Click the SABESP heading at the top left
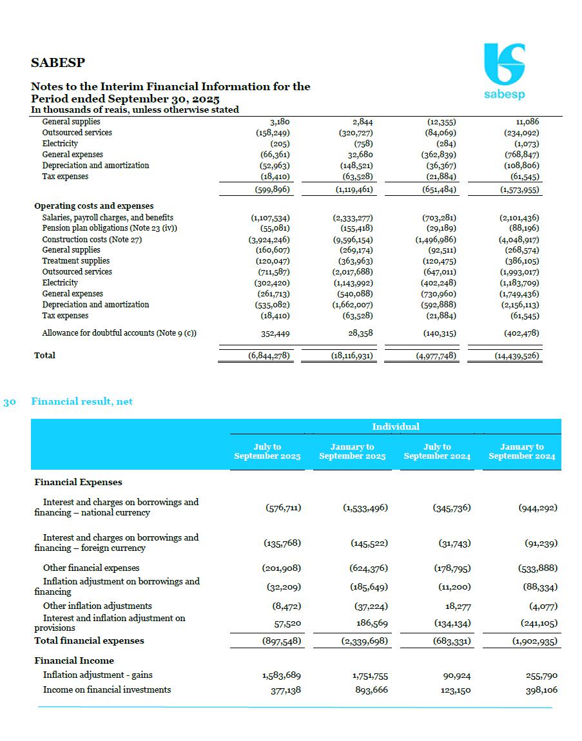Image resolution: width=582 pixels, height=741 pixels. tap(58, 63)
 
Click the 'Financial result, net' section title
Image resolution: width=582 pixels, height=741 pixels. tap(82, 401)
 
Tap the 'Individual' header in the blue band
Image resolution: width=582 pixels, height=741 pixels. tap(395, 427)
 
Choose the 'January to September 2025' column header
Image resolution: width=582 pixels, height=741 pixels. tap(352, 452)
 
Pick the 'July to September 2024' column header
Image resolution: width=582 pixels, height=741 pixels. tap(437, 452)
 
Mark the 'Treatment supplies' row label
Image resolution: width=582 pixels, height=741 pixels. tap(75, 261)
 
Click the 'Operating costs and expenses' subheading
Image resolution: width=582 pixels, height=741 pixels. tap(93, 206)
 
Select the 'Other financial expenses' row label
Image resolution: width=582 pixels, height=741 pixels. tap(91, 568)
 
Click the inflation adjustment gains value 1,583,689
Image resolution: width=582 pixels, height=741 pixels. tap(282, 675)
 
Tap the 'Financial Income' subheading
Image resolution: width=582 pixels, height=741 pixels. tap(74, 660)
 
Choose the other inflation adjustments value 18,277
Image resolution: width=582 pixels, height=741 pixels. tap(458, 606)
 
